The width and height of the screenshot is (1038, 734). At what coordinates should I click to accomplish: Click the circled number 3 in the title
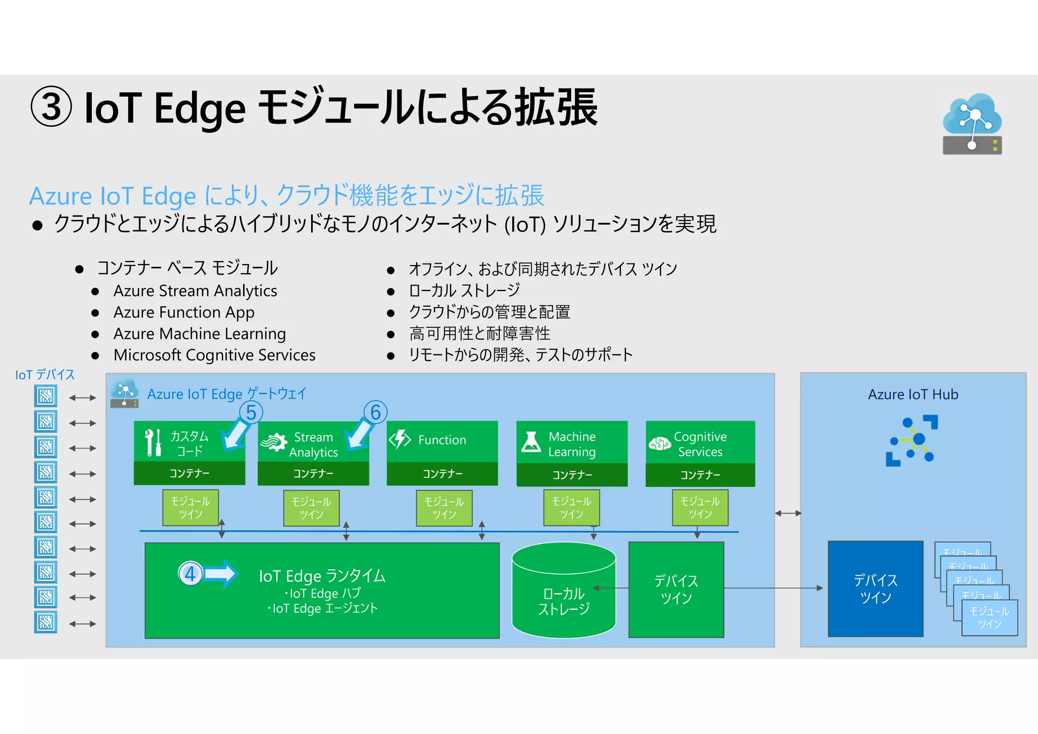[51, 107]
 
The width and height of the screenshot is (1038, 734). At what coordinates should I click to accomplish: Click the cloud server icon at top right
[972, 124]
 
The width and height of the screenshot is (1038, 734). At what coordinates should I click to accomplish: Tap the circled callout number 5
[251, 413]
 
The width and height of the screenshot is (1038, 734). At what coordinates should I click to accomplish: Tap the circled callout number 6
[376, 412]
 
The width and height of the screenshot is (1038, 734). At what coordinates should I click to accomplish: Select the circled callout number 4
[190, 574]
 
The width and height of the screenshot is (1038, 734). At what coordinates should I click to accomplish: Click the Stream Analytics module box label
[313, 444]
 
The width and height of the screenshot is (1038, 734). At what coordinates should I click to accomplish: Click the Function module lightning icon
[400, 439]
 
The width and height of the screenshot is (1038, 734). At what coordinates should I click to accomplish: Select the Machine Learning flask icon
[531, 442]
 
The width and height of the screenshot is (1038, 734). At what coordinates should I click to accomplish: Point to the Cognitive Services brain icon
[659, 444]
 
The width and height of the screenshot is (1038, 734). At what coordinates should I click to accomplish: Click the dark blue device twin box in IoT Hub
[875, 589]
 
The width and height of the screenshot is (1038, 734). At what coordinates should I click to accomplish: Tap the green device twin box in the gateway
[676, 589]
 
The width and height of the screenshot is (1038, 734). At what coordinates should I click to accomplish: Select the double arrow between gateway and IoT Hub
[788, 513]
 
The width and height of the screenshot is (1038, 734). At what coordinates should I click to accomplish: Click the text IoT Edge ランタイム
[322, 576]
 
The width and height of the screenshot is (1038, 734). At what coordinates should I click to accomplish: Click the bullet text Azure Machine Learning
[199, 334]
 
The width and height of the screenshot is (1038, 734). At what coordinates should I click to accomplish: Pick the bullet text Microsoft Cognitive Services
[214, 355]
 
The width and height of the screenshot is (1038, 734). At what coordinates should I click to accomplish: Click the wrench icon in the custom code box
[153, 442]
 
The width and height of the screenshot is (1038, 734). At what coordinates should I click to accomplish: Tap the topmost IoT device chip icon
[46, 396]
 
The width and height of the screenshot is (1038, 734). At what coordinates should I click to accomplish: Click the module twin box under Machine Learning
[571, 507]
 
